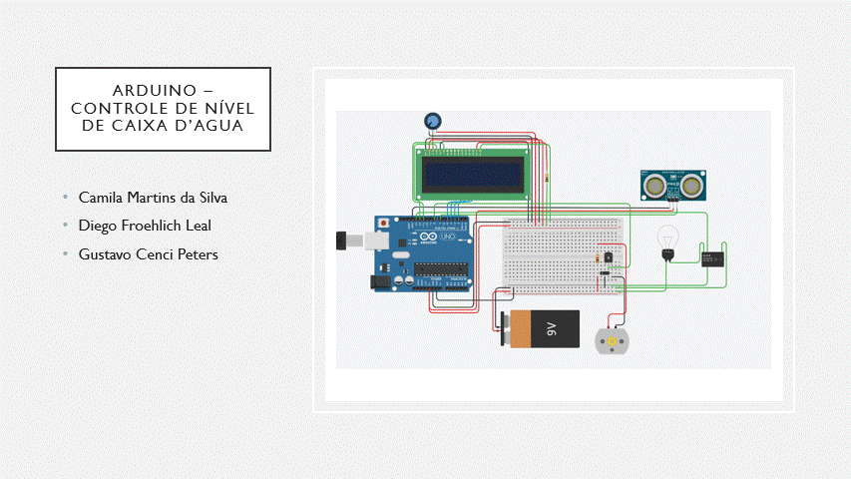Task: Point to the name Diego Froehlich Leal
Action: click(x=145, y=226)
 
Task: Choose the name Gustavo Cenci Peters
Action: click(x=148, y=254)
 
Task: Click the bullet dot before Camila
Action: click(x=65, y=198)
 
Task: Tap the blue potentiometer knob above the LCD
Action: click(x=433, y=122)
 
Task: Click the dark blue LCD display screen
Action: click(x=472, y=177)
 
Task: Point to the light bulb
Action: click(x=666, y=239)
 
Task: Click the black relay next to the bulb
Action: click(x=712, y=257)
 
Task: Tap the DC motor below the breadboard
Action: click(x=610, y=341)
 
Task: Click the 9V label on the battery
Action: click(x=551, y=328)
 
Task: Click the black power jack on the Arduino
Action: click(x=380, y=281)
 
